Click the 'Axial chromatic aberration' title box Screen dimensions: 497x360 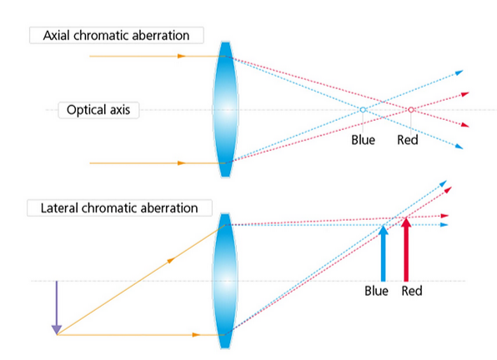[116, 35]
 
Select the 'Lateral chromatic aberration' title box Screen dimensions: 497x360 [119, 207]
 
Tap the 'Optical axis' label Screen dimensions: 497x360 [98, 110]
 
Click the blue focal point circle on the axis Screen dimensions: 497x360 [363, 109]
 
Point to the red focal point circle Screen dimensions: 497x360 [411, 109]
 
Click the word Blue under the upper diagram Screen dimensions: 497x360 [364, 140]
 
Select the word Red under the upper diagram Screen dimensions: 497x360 [408, 140]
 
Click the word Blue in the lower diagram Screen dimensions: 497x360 [377, 291]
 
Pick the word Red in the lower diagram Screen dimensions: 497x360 [412, 291]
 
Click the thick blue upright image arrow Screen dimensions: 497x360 [384, 253]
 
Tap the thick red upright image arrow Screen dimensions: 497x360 [406, 249]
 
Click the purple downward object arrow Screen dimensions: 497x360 [57, 307]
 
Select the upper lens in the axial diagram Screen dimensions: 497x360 [225, 109]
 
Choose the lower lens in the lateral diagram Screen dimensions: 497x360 [225, 281]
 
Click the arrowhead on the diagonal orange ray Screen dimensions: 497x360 [171, 260]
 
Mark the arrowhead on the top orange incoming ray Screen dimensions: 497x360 [181, 56]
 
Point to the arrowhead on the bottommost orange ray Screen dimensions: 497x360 [196, 335]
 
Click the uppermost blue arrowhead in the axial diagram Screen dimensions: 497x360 [459, 72]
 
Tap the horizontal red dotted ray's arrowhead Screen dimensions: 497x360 [445, 216]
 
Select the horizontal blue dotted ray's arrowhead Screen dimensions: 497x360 [444, 225]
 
